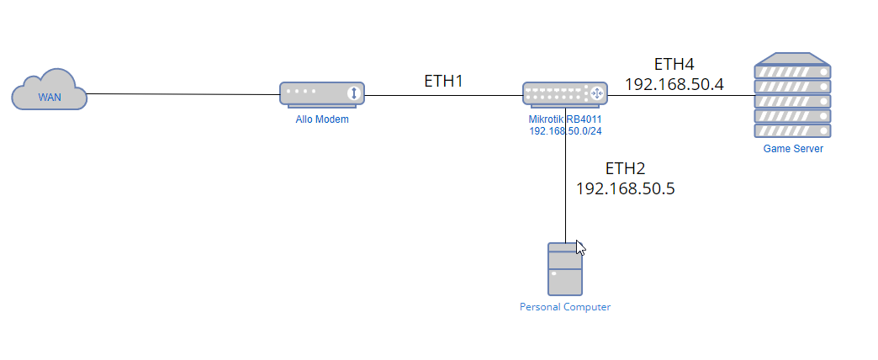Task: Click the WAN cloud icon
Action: pos(50,90)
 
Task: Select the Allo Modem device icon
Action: pos(322,94)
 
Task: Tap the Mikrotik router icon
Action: pos(565,94)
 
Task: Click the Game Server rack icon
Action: pos(792,95)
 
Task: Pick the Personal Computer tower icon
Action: pos(565,269)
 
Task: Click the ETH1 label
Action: pos(443,82)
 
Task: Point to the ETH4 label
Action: pos(674,65)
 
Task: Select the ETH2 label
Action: pos(626,168)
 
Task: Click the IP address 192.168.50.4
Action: pos(674,85)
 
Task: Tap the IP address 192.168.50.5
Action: pos(626,188)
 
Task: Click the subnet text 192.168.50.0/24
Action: pos(565,131)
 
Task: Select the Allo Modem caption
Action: pos(322,119)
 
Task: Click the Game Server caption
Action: pos(793,149)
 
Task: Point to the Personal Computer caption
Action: pos(565,307)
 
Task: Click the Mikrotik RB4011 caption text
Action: pos(565,119)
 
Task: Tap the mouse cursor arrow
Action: pos(580,248)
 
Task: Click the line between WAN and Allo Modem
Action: pos(183,94)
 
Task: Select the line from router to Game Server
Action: pos(681,95)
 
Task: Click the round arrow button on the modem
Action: pos(353,93)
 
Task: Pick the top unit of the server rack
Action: pos(792,72)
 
